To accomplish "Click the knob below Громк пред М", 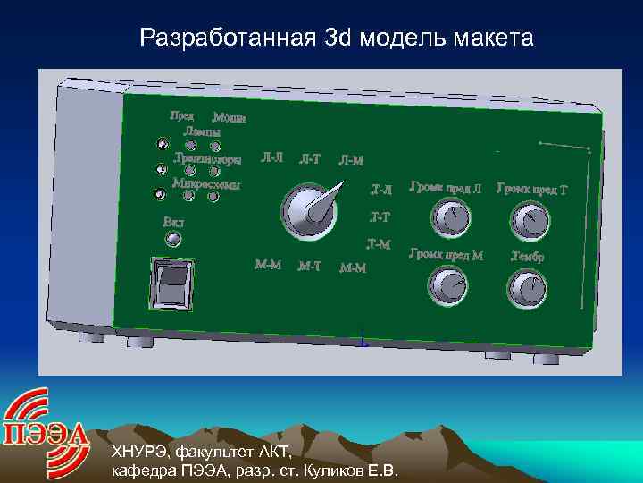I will tap(447, 286).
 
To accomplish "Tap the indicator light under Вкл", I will tap(174, 239).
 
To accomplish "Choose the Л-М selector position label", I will tap(351, 161).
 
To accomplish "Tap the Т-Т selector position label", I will tap(380, 217).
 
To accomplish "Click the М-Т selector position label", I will tap(310, 266).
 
